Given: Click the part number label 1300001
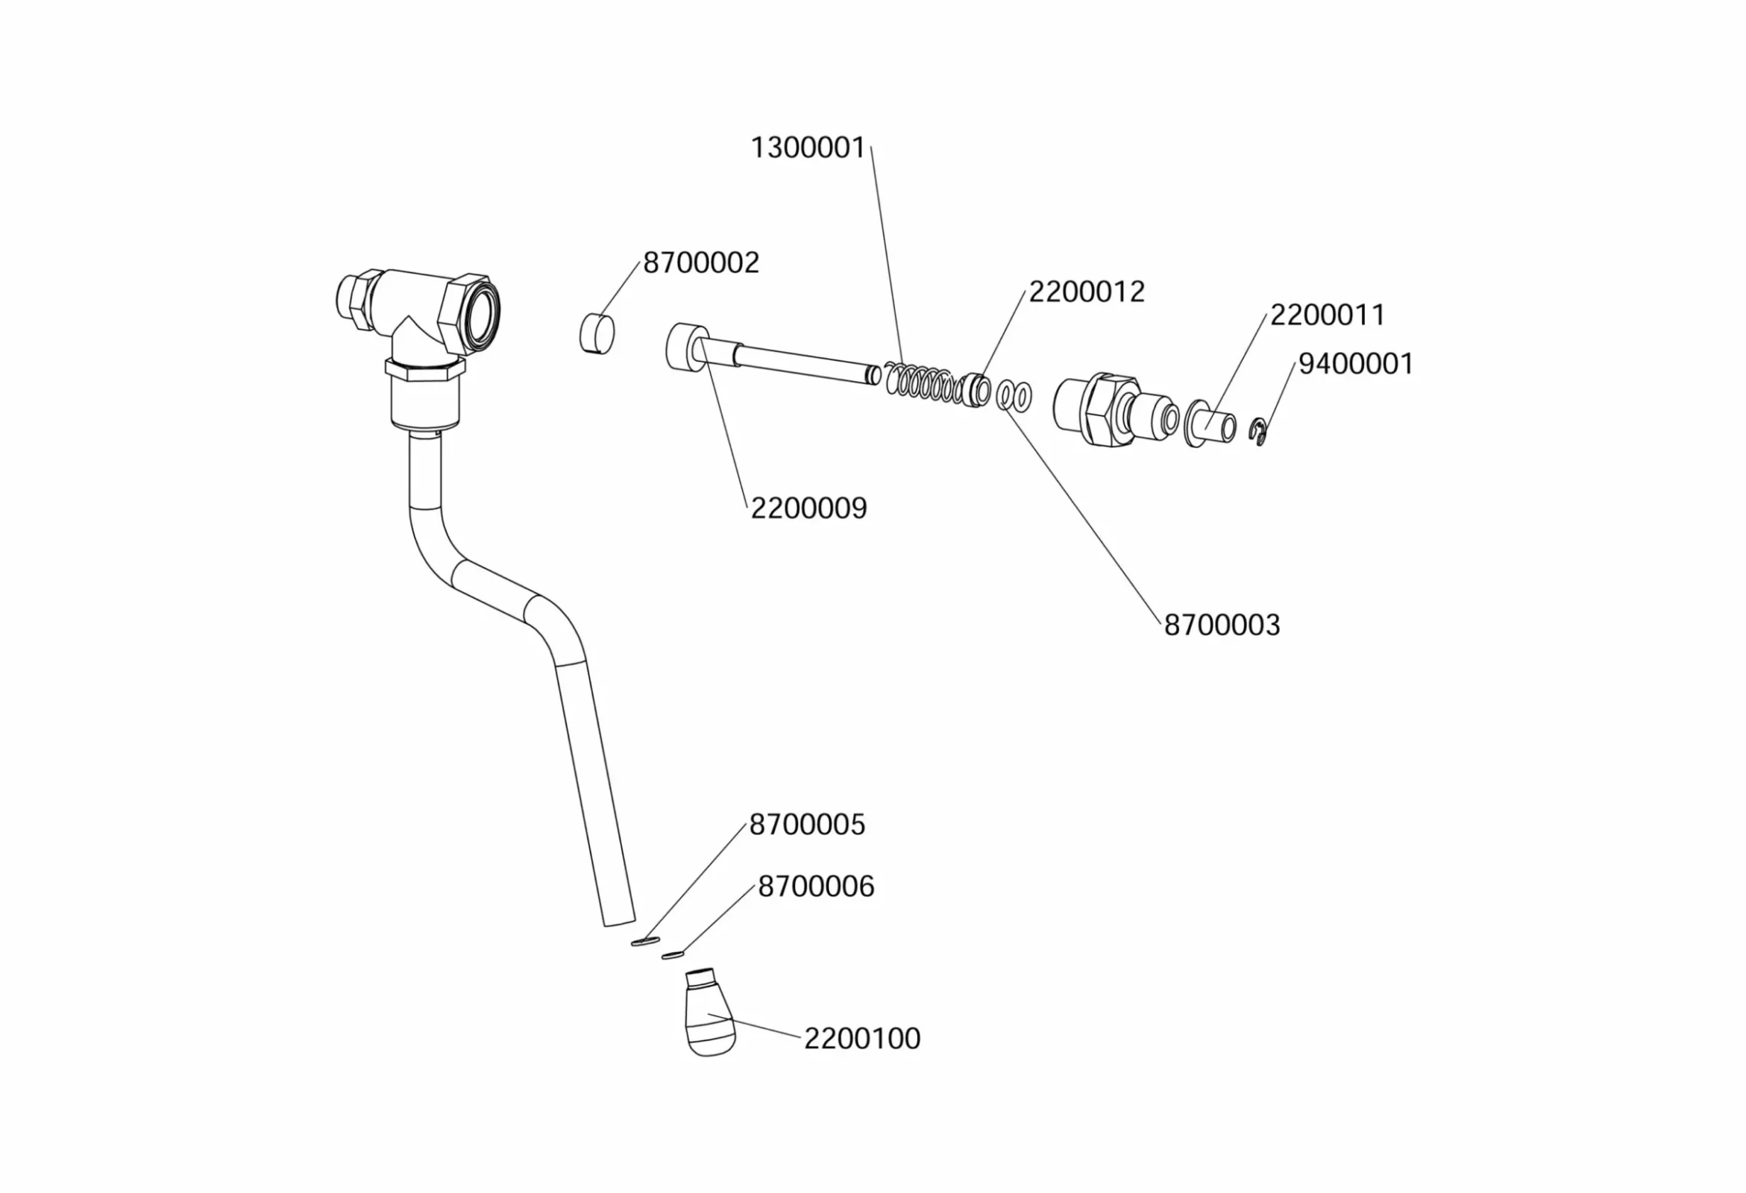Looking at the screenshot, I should coord(808,148).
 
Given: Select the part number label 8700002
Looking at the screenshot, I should coord(701,263).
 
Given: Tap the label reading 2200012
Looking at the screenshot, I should coord(1087,292).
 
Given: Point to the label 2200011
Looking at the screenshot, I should coord(1327,315).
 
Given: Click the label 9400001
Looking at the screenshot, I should coord(1356,365).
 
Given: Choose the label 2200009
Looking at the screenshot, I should coord(808,509).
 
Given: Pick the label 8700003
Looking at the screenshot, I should coord(1222,625).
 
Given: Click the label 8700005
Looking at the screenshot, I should coord(807,825).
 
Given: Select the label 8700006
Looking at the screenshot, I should coord(816,887).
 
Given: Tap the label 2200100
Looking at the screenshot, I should coord(861,1038).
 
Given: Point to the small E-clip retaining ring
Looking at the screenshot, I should coord(1260,434).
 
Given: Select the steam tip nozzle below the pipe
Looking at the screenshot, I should coord(709,1014).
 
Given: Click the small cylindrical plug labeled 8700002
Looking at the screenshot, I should coord(597,333).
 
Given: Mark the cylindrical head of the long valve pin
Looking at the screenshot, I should coord(686,346).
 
